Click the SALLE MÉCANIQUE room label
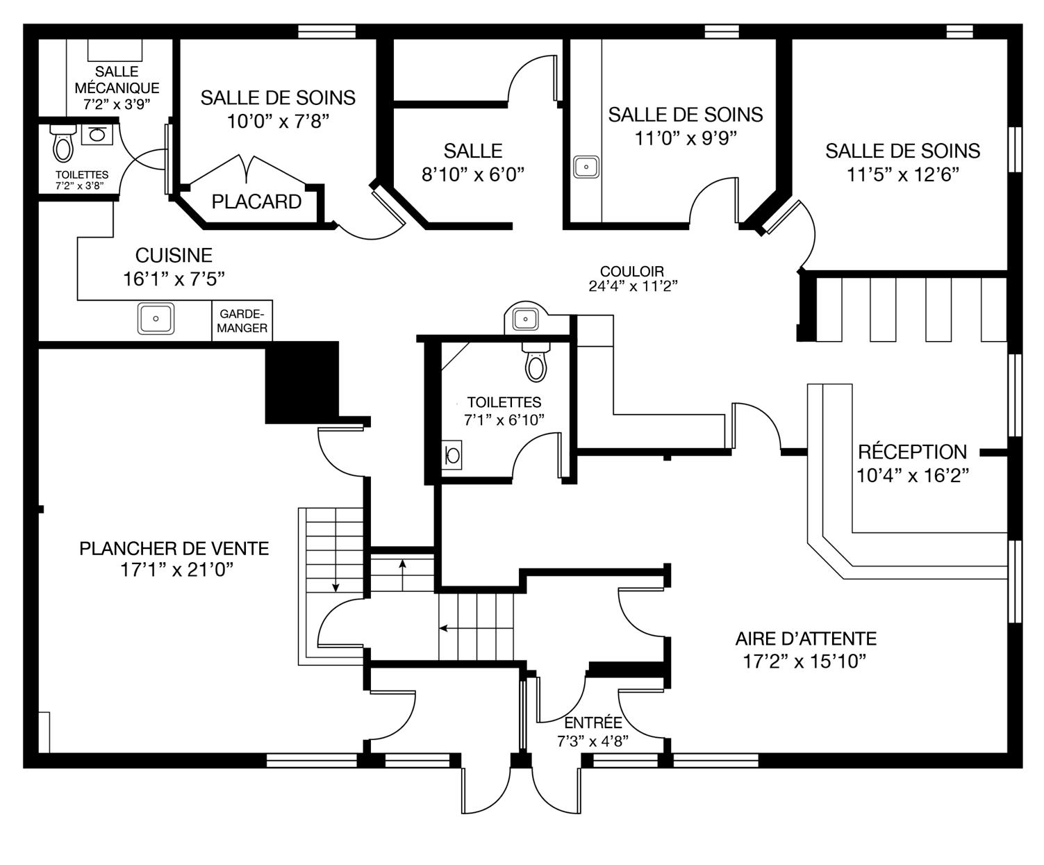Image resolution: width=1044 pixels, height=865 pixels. click(117, 79)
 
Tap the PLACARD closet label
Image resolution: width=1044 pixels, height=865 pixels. click(256, 201)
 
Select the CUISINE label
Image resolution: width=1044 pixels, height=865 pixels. click(174, 255)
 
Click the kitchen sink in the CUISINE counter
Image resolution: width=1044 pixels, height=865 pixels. click(156, 318)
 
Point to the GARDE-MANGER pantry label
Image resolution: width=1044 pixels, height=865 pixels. click(242, 321)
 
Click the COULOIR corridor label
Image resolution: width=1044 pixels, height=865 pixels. click(632, 271)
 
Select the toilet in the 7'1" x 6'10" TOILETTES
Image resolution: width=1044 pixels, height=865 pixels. click(536, 361)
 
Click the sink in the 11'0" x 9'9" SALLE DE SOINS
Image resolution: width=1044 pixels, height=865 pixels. click(586, 167)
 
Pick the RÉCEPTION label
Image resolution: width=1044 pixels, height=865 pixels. click(913, 452)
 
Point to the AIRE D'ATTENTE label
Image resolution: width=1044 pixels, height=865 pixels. click(806, 639)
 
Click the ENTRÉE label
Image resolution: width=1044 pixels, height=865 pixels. click(593, 723)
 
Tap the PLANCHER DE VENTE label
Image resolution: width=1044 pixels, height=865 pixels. click(174, 549)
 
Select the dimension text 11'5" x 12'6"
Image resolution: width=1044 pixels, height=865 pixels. click(903, 174)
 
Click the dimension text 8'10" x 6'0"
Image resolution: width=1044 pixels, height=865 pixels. click(473, 174)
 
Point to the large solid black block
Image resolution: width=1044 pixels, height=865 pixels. click(301, 383)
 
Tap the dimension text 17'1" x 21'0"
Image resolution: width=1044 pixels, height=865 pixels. click(177, 570)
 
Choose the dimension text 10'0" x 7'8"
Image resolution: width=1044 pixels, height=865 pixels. click(278, 121)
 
